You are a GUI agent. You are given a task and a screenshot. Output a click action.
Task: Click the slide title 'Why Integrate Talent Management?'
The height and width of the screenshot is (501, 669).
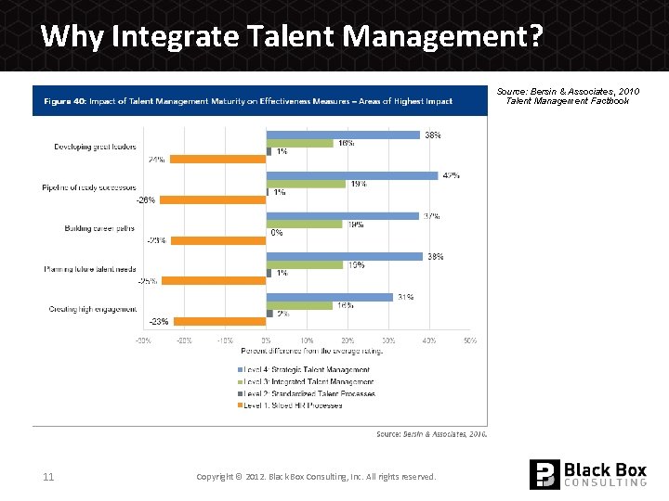click(292, 36)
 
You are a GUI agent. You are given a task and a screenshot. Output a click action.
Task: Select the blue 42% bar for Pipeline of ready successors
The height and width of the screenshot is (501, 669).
click(352, 175)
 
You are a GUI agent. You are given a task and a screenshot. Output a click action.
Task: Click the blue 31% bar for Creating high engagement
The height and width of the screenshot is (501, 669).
click(330, 297)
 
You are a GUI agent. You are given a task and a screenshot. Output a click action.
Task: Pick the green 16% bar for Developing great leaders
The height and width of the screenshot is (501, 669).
click(300, 143)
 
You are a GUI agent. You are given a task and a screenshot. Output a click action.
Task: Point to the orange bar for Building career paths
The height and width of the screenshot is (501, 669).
click(219, 240)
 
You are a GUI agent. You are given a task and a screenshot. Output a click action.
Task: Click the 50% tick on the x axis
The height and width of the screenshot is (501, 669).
click(470, 341)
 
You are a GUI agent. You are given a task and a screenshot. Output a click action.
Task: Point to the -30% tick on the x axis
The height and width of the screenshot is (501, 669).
click(144, 341)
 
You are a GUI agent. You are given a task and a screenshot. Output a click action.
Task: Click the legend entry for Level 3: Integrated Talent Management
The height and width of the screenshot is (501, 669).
click(310, 381)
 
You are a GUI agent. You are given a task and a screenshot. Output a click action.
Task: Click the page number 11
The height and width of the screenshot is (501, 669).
click(48, 477)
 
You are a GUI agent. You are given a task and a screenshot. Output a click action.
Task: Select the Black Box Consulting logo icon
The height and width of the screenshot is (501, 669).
click(544, 474)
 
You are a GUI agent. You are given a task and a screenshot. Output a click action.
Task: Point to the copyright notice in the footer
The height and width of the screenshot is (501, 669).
click(316, 477)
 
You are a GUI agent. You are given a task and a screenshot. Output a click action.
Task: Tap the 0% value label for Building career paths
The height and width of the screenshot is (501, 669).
click(276, 233)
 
